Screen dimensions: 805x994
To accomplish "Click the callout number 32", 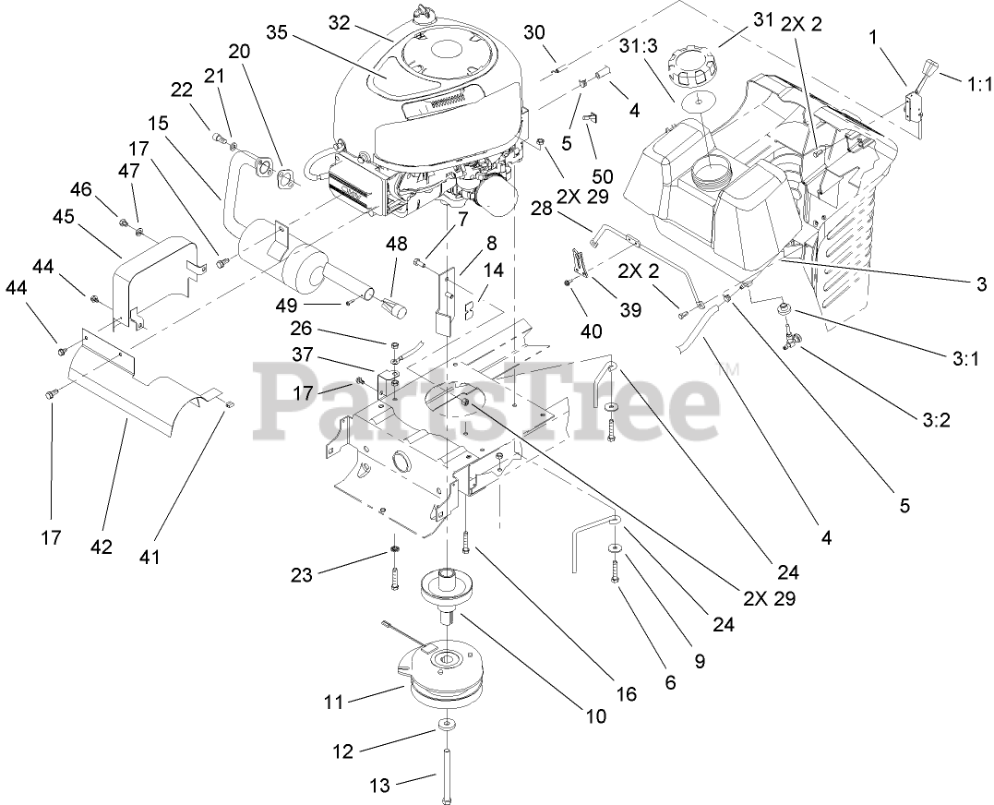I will [340, 23].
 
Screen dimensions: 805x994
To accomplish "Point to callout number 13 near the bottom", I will [379, 786].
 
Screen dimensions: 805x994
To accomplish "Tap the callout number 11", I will [333, 703].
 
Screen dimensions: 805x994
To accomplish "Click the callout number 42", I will [101, 547].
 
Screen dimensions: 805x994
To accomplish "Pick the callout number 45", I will [64, 217].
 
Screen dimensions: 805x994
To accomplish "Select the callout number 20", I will [239, 52].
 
